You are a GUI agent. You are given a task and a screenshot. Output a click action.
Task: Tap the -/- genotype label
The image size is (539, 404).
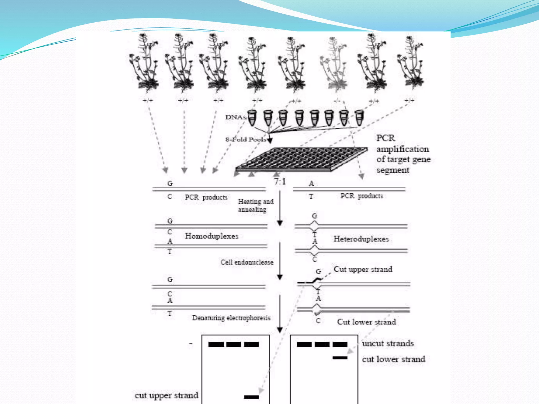click(x=337, y=101)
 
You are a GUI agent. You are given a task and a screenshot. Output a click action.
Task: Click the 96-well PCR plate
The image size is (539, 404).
click(x=301, y=159)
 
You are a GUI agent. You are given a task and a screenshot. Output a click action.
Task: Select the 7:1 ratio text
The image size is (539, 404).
click(x=280, y=181)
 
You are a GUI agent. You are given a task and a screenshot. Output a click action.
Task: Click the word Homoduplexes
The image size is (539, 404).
click(x=212, y=236)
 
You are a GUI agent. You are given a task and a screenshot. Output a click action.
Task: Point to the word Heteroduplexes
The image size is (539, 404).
click(x=361, y=239)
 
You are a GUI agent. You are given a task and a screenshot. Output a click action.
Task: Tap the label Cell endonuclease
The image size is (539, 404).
click(x=247, y=262)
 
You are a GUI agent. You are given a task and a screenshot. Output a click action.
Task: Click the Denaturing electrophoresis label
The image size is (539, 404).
click(x=231, y=318)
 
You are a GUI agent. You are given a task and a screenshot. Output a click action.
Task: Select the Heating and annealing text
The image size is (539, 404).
click(x=256, y=205)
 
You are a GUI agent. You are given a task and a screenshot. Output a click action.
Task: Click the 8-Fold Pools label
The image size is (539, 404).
click(x=246, y=139)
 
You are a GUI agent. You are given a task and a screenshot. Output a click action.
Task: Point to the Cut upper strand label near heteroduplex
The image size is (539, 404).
click(x=363, y=269)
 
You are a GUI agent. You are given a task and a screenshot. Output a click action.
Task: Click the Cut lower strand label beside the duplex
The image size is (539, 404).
click(x=366, y=322)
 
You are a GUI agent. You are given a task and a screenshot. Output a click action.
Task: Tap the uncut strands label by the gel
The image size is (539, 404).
click(x=388, y=343)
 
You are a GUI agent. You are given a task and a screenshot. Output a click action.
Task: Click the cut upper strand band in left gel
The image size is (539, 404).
click(x=251, y=397)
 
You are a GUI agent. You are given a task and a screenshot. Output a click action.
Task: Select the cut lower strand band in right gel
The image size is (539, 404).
click(x=340, y=358)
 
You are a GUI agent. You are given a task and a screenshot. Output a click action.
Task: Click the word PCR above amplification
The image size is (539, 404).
click(x=386, y=138)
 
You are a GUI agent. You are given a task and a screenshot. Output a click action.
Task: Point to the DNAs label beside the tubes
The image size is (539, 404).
click(x=235, y=117)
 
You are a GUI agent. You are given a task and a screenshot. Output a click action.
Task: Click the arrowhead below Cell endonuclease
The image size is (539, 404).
click(x=280, y=277)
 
